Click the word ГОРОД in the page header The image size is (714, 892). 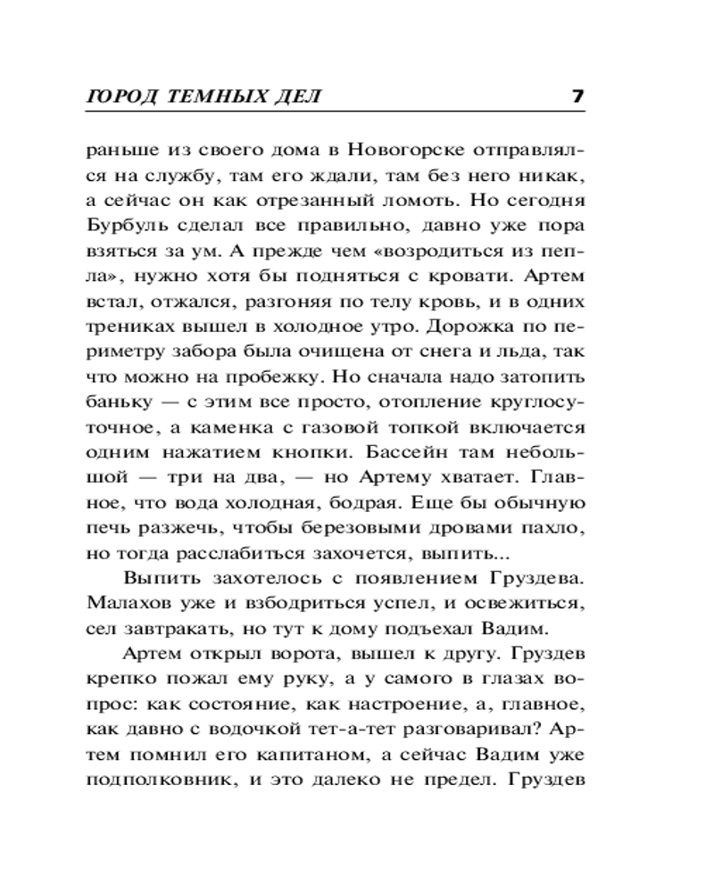[121, 96]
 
